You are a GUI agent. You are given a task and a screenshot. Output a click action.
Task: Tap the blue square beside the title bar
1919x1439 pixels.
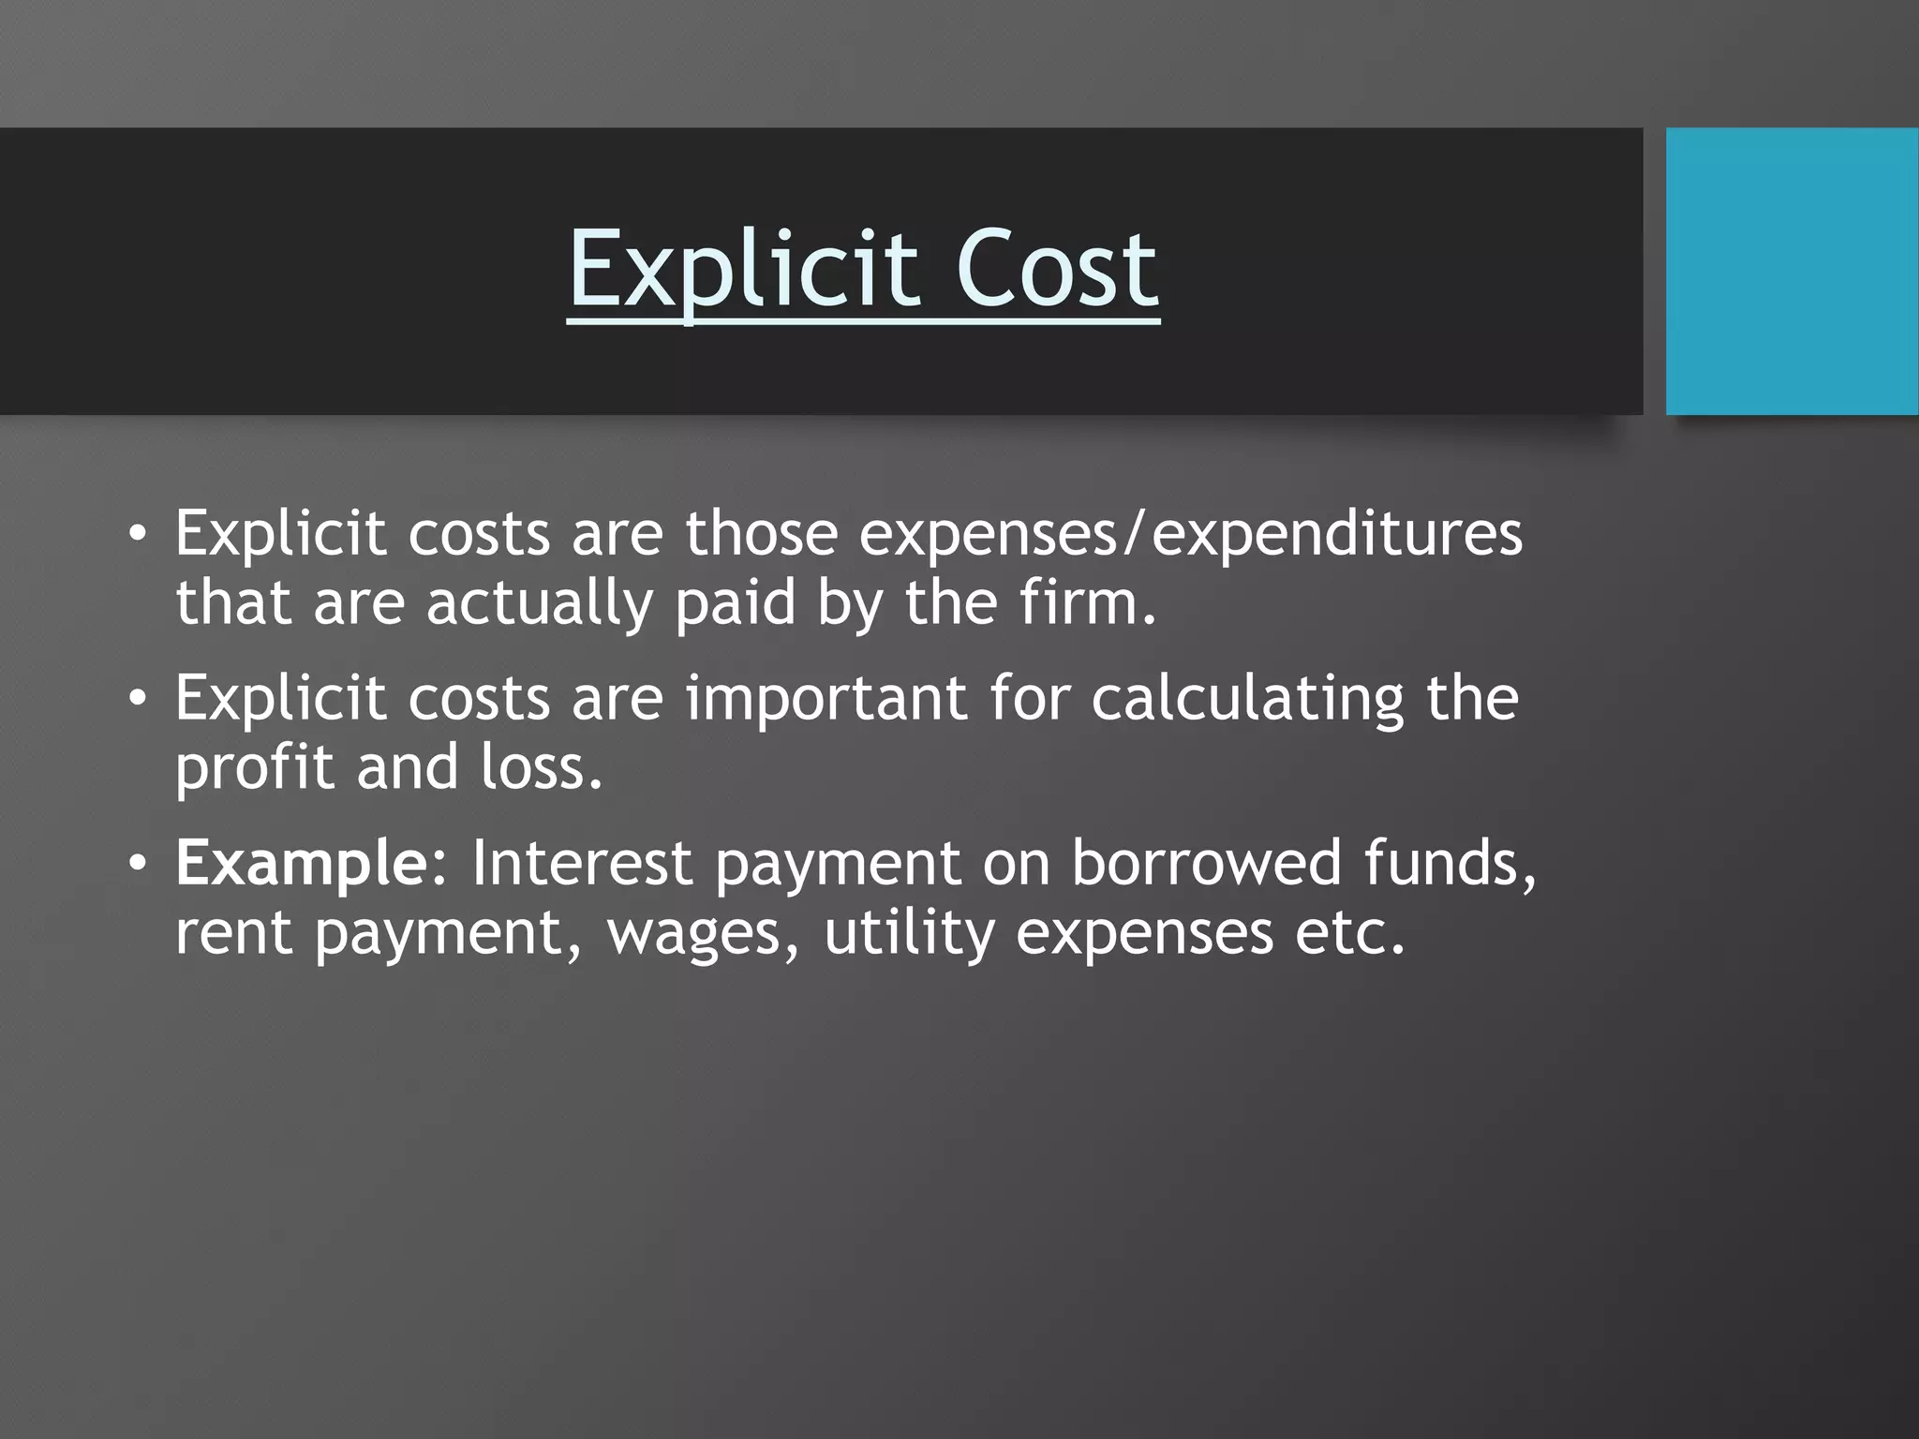tap(1792, 272)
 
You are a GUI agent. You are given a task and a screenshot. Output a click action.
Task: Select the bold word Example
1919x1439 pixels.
tap(301, 864)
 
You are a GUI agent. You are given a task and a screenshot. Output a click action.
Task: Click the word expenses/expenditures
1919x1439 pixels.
tap(1190, 534)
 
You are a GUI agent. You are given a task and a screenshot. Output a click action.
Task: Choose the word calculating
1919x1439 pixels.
tap(1247, 699)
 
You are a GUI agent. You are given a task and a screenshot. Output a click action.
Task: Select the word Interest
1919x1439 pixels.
tap(581, 864)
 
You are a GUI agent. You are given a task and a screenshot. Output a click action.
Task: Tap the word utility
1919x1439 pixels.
tap(908, 933)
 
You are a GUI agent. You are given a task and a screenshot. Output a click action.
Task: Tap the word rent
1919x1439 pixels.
tap(233, 933)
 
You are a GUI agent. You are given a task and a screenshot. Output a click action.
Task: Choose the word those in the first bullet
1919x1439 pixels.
tap(761, 534)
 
